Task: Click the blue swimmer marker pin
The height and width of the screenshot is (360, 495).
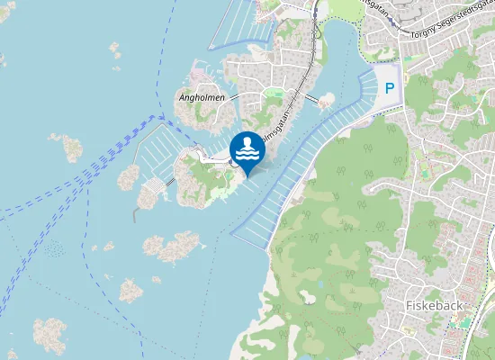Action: pos(247,149)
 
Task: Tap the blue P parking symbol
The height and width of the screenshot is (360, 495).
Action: pos(390,88)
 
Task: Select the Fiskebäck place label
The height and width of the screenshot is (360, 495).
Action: pos(434,305)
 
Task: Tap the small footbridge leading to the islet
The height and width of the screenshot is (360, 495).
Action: pos(311,96)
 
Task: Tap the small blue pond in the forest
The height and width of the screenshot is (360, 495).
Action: pos(310,296)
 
